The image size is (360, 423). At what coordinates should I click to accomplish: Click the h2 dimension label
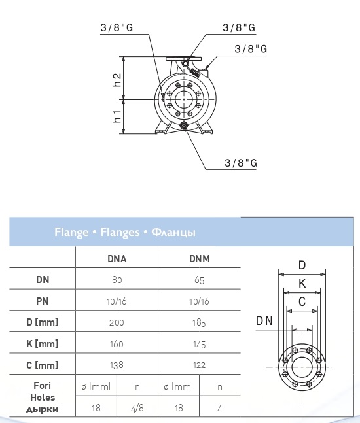click(x=117, y=80)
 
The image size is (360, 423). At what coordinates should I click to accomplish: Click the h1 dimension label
click(x=117, y=116)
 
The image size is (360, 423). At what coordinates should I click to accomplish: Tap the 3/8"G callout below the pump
click(x=241, y=163)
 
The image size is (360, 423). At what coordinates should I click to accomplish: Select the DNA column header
click(x=117, y=259)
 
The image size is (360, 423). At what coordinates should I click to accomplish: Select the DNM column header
click(x=200, y=259)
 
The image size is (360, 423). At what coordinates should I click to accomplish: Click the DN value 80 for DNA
click(x=117, y=280)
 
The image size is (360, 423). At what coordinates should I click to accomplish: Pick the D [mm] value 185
click(x=199, y=323)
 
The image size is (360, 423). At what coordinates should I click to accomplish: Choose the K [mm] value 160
click(x=117, y=344)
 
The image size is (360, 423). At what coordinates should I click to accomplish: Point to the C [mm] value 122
click(x=200, y=365)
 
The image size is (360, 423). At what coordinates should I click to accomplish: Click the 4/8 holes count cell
click(x=137, y=408)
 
